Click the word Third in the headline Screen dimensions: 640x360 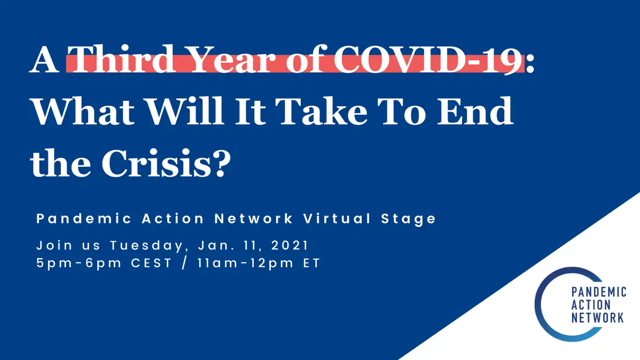click(121, 59)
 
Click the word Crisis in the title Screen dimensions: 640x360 click(156, 163)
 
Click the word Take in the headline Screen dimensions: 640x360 click(321, 111)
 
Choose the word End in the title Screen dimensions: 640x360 click(475, 111)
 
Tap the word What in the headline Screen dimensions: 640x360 click(83, 111)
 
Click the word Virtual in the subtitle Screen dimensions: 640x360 click(337, 219)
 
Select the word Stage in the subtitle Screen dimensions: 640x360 click(408, 219)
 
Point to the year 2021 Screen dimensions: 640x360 click(290, 245)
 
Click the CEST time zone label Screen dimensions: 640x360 click(151, 263)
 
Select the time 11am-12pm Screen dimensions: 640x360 click(246, 263)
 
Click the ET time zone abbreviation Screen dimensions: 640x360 click(312, 263)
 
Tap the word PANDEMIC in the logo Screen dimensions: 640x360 click(599, 292)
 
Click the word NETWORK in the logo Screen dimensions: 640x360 click(597, 318)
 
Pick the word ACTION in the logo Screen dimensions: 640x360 click(591, 305)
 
